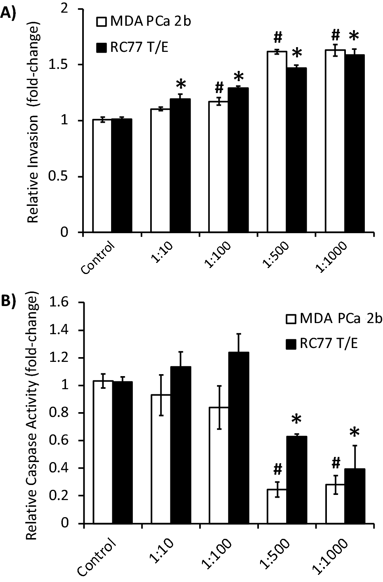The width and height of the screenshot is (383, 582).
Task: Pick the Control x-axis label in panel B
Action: (x=98, y=554)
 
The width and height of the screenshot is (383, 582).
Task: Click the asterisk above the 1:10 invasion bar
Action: (x=180, y=85)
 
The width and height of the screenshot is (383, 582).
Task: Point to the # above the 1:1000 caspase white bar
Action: (x=336, y=462)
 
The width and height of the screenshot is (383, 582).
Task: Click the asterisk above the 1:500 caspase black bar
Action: (x=296, y=421)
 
